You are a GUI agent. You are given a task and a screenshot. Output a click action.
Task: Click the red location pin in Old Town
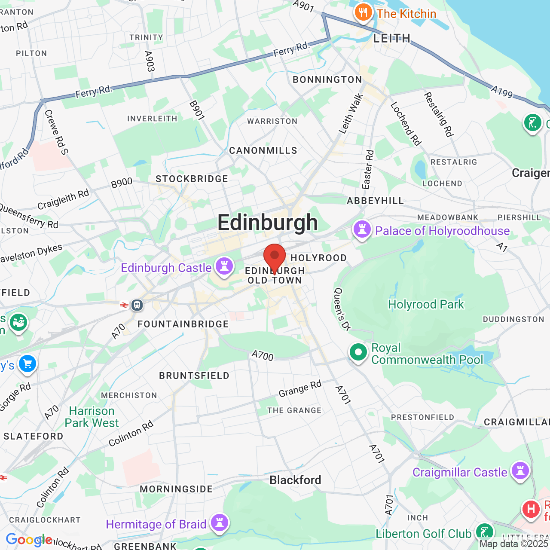click(274, 257)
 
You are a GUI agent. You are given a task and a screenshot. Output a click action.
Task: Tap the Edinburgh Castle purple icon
click(224, 266)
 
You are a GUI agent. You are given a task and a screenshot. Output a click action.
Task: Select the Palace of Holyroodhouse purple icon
click(362, 229)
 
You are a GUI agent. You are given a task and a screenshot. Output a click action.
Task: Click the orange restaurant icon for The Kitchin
click(363, 12)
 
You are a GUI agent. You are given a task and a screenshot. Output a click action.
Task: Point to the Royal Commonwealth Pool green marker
click(358, 352)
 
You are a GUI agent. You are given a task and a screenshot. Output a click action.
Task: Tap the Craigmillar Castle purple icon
click(520, 471)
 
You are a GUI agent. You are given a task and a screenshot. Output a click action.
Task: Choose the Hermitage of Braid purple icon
click(220, 523)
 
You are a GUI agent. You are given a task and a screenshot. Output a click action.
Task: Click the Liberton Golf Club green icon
click(485, 532)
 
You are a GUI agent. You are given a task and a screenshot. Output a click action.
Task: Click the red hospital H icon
click(531, 510)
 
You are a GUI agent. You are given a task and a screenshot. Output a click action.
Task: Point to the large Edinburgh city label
click(267, 223)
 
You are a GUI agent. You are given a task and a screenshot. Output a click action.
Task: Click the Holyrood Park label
click(426, 304)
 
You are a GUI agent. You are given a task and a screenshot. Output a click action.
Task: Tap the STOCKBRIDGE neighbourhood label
click(192, 179)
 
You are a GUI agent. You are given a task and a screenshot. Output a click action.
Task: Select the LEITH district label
click(391, 38)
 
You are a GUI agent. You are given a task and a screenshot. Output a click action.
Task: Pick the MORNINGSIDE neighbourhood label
click(176, 489)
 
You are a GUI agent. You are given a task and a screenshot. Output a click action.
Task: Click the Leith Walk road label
click(351, 114)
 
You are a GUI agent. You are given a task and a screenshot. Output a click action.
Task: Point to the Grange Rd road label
click(300, 389)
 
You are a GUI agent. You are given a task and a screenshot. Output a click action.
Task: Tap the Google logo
click(28, 540)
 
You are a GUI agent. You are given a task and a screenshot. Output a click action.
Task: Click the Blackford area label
click(295, 480)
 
